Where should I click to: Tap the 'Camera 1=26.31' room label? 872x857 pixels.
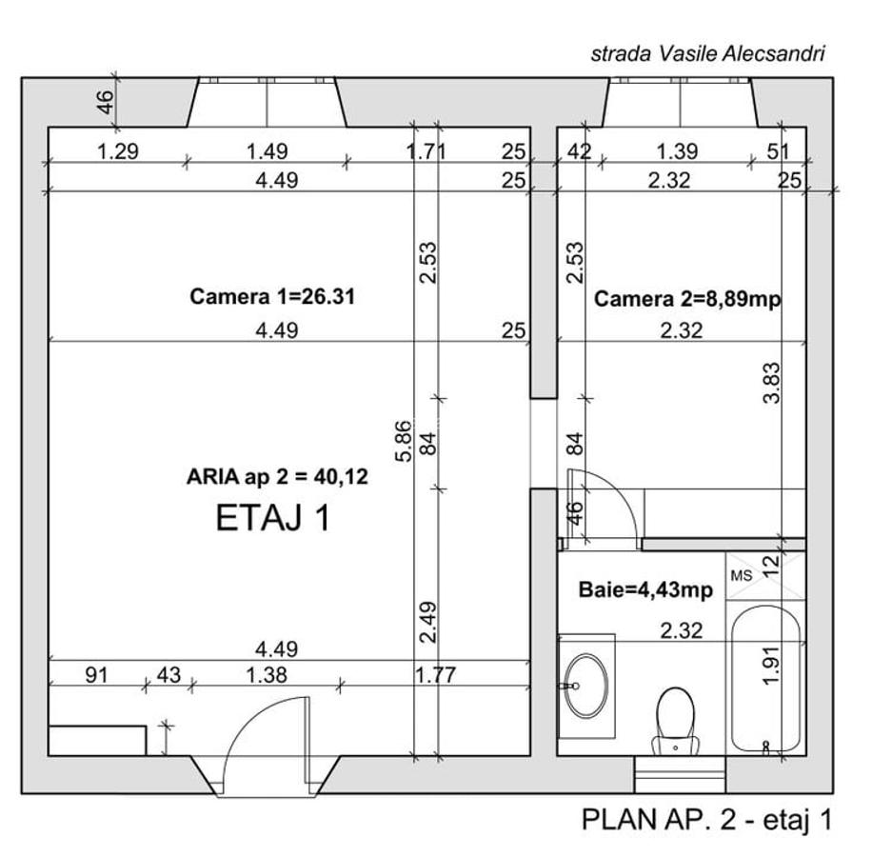(x=272, y=297)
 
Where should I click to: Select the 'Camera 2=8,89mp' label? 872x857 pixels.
(x=687, y=299)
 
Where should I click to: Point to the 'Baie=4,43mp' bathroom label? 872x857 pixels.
(x=645, y=590)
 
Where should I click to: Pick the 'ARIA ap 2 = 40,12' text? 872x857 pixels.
(x=277, y=477)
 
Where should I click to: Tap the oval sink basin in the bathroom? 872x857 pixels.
(x=585, y=685)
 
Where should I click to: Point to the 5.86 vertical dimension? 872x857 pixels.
(x=407, y=441)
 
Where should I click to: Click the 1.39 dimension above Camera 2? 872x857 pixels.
(x=677, y=150)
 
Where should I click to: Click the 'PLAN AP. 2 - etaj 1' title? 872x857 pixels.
(x=706, y=820)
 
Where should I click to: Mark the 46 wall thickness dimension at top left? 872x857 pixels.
(x=107, y=101)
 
